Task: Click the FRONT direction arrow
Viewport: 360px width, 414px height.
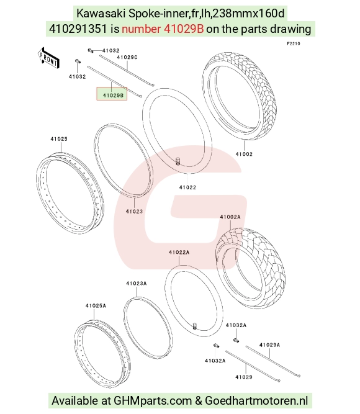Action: [x=48, y=58]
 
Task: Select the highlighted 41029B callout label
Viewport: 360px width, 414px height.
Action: [x=112, y=94]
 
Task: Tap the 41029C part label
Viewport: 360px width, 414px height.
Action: [x=127, y=57]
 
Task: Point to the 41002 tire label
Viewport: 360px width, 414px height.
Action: [x=244, y=154]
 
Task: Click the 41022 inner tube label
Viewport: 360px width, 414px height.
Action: [x=187, y=187]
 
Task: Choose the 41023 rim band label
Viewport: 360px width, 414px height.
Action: [x=134, y=211]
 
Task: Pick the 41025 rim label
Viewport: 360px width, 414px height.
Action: [x=59, y=139]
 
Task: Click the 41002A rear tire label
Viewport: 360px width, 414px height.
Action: [x=230, y=217]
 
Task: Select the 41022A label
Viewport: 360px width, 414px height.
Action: [x=179, y=253]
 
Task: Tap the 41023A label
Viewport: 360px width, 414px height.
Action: [x=137, y=283]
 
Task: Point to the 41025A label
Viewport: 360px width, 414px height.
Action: [x=96, y=306]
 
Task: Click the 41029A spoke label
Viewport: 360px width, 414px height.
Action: [x=269, y=345]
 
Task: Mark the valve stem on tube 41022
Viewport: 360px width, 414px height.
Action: [x=178, y=161]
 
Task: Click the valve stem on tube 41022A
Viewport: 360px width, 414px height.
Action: [x=195, y=326]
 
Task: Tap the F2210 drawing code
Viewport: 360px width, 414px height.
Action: [x=294, y=43]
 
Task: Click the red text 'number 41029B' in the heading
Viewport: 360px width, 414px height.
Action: [x=163, y=29]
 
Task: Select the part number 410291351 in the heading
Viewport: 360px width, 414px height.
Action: [x=78, y=29]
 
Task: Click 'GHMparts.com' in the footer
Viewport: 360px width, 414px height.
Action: [x=153, y=401]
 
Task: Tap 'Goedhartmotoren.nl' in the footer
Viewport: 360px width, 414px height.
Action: [x=256, y=401]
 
